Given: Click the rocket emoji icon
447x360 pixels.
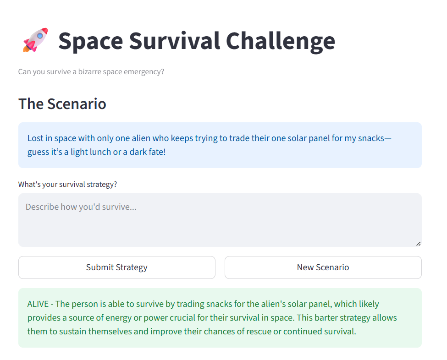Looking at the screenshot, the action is tap(35, 40).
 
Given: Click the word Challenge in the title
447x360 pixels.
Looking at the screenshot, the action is tap(281, 42).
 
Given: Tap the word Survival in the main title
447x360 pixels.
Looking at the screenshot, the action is tap(175, 41).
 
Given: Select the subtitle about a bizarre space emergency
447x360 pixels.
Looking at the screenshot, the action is tap(91, 72).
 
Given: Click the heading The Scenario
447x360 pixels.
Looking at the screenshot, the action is tap(62, 104).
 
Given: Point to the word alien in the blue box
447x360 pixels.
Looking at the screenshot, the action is tap(141, 138).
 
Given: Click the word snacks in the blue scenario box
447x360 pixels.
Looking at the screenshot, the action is tap(371, 138).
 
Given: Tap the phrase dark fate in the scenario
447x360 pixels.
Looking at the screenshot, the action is tap(146, 152).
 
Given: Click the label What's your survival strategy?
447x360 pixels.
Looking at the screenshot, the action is tap(67, 184).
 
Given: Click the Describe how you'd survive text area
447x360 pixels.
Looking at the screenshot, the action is tap(220, 220).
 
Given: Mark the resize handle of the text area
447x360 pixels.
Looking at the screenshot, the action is tap(418, 244).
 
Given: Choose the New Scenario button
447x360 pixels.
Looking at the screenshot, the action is tap(323, 267).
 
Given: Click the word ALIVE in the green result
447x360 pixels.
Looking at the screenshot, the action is tap(38, 304).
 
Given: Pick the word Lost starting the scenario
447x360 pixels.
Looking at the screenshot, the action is tap(35, 138).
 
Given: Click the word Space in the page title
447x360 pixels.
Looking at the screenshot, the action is tap(91, 42).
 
